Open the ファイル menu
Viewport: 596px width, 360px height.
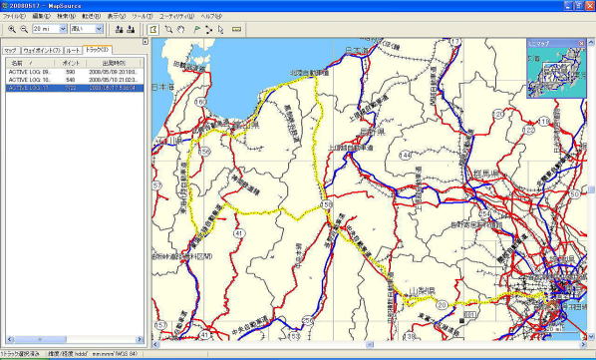tap(14, 17)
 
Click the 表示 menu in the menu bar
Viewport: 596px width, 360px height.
tap(117, 17)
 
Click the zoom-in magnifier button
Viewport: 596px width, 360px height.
tap(11, 30)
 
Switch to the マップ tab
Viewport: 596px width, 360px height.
tap(10, 49)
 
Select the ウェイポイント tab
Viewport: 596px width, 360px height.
tap(42, 49)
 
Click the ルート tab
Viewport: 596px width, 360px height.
tap(73, 49)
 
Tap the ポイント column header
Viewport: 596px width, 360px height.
tap(71, 62)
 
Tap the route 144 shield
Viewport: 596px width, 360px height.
tap(405, 157)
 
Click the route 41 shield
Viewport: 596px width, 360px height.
tap(239, 231)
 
